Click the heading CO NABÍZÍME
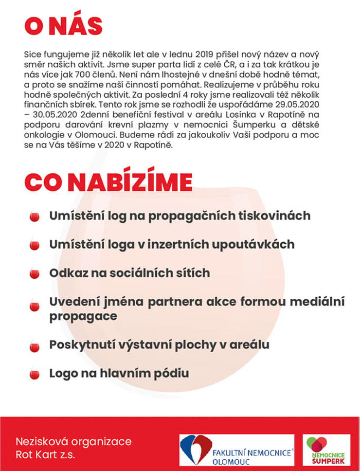108,181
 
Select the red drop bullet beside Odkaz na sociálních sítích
34,274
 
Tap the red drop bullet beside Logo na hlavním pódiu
34,375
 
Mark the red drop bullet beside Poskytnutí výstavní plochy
34,347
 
